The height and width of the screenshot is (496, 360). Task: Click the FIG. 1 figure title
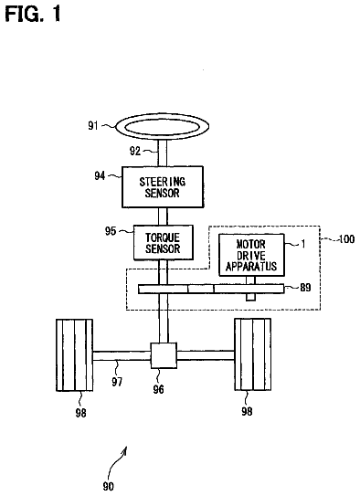click(x=33, y=15)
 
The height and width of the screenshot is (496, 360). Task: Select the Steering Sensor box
click(x=163, y=187)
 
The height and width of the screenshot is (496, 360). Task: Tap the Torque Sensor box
click(x=164, y=243)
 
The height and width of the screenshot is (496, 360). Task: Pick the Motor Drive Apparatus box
click(x=252, y=255)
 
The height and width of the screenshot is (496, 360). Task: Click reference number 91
click(x=93, y=125)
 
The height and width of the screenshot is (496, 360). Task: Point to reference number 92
click(x=135, y=151)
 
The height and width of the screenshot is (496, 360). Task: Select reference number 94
click(x=100, y=175)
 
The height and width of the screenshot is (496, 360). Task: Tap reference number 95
click(x=111, y=231)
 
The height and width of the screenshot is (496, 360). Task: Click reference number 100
click(x=346, y=238)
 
